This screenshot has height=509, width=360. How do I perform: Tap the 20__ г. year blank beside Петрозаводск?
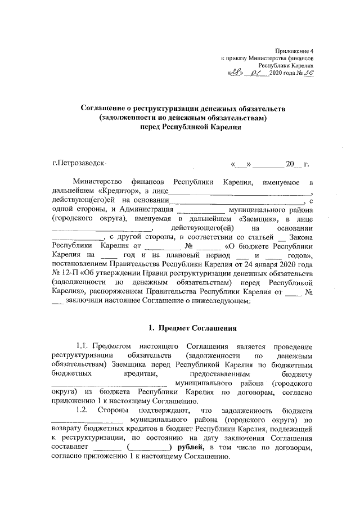(x=297, y=165)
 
